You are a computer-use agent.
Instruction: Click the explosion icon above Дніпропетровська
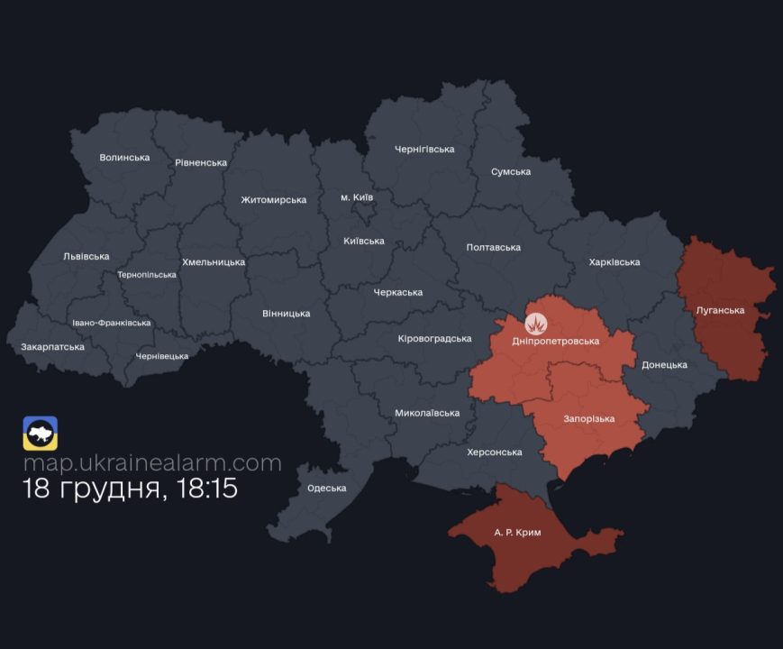click(536, 322)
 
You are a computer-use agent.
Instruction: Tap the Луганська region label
click(720, 310)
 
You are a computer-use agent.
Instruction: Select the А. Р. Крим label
click(518, 533)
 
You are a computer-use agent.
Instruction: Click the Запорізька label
click(588, 419)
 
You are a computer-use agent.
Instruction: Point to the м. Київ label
click(357, 197)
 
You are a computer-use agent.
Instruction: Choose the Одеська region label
click(326, 488)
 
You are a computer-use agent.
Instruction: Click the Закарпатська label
click(52, 346)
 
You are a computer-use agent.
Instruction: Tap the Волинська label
click(124, 157)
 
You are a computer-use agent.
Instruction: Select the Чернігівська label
click(424, 149)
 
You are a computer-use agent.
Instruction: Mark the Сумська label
click(511, 171)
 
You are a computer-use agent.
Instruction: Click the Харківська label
click(614, 262)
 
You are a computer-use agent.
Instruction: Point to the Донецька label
click(664, 365)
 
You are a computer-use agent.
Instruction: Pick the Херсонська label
click(495, 452)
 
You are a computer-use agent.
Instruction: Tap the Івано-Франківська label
click(112, 323)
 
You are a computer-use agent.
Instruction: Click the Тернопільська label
click(147, 275)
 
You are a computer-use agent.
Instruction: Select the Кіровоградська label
click(434, 339)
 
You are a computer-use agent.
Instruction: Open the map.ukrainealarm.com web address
click(152, 463)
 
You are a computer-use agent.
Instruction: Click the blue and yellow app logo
click(41, 434)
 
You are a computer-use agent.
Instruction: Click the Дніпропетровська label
click(555, 341)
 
